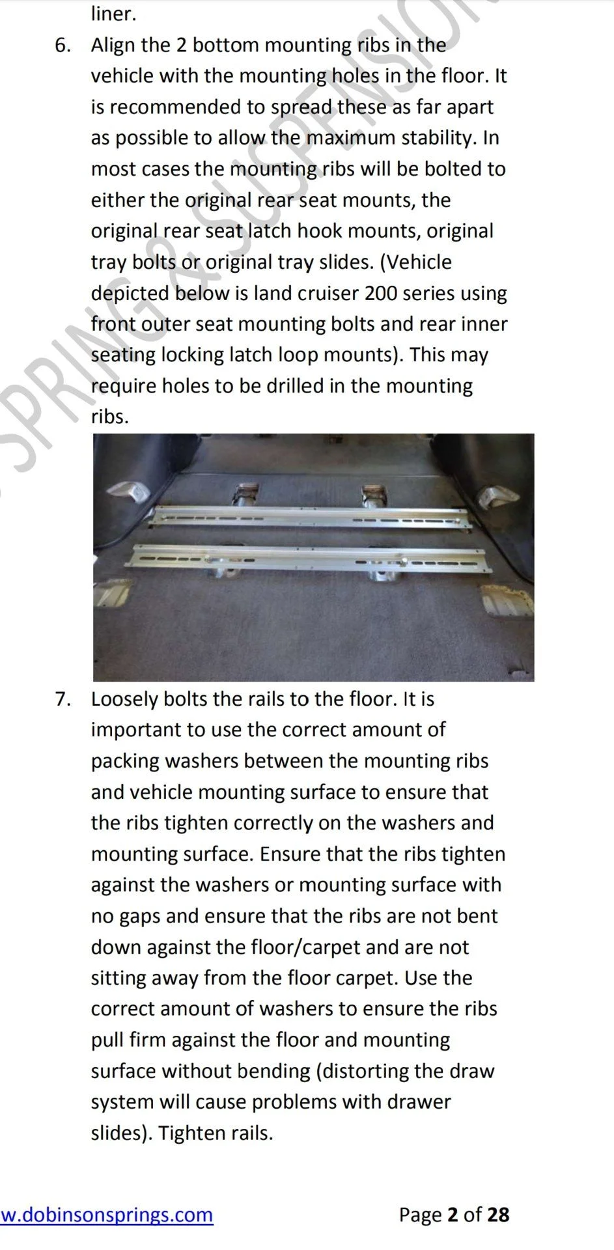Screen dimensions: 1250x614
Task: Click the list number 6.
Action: (x=62, y=46)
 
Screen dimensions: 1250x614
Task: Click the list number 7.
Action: (x=62, y=699)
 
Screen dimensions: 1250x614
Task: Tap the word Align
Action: (x=113, y=46)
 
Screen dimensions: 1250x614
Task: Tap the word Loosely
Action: (x=125, y=699)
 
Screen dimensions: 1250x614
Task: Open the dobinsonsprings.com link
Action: (x=107, y=1215)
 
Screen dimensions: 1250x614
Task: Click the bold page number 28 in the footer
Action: (x=498, y=1215)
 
